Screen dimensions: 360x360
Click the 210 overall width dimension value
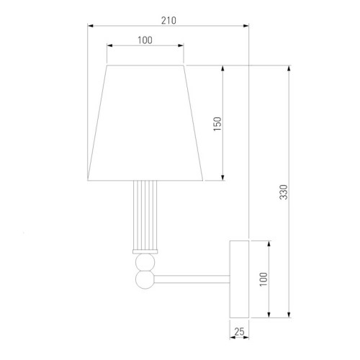tap(168, 21)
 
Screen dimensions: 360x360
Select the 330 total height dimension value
tap(284, 192)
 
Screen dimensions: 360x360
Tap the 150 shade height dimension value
tap(217, 124)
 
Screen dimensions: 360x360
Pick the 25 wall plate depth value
tap(239, 332)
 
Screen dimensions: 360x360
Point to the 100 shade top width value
tap(145, 40)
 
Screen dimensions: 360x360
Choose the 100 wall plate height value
tap(264, 279)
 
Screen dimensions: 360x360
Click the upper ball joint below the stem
tap(145, 262)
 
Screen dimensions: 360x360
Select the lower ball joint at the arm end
tap(145, 280)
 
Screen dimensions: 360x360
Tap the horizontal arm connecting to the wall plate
tap(192, 279)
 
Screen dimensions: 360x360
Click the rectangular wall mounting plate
tap(239, 279)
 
